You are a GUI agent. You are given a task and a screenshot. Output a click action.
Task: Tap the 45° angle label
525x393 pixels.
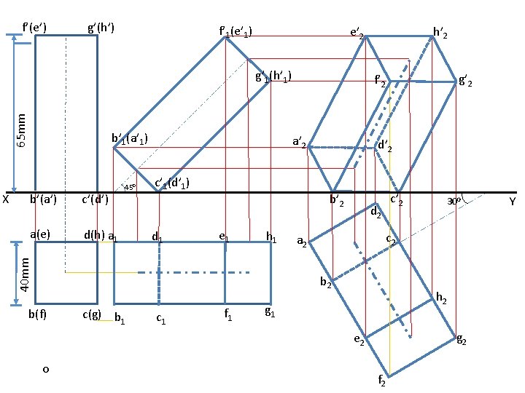(130, 187)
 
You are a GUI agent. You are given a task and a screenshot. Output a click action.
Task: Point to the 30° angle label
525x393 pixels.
(454, 200)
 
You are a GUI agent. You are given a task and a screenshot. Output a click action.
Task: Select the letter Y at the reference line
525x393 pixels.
(513, 201)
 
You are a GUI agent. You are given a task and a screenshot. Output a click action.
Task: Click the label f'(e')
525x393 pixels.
(35, 28)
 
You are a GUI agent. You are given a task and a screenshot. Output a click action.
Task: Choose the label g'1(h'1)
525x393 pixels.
(273, 76)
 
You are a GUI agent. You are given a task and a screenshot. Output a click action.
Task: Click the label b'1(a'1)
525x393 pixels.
(131, 138)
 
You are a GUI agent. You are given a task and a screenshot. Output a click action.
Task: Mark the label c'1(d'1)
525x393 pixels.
(174, 183)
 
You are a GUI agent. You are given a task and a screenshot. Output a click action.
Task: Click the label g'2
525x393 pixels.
(466, 82)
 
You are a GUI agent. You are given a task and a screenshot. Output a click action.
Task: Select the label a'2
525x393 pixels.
(298, 143)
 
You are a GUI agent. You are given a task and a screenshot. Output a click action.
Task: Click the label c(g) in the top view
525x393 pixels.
(91, 314)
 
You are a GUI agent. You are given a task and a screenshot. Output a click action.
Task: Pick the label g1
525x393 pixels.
(270, 312)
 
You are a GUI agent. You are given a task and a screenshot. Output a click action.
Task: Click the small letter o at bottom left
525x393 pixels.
(45, 370)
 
